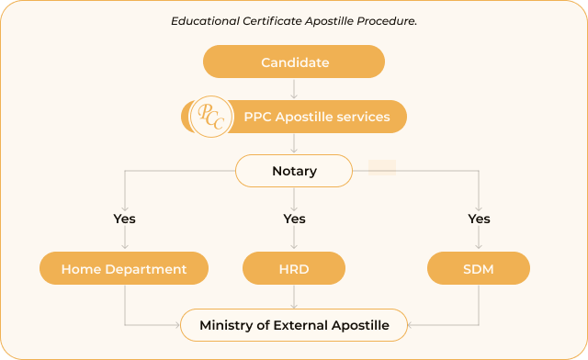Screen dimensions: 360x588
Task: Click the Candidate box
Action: [x=294, y=62]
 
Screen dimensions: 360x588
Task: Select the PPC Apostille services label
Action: [x=316, y=117]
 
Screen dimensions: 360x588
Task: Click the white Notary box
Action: [x=294, y=171]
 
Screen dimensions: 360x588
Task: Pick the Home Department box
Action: [x=124, y=269]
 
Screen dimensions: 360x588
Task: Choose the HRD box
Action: [x=294, y=269]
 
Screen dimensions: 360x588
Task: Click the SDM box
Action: [x=479, y=269]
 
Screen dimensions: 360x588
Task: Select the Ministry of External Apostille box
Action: [x=294, y=325]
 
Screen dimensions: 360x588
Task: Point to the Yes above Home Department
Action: [x=124, y=219]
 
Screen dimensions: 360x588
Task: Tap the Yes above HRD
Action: [x=294, y=219]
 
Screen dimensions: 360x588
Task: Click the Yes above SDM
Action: [x=479, y=219]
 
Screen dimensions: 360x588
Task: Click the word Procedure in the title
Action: [x=387, y=20]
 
